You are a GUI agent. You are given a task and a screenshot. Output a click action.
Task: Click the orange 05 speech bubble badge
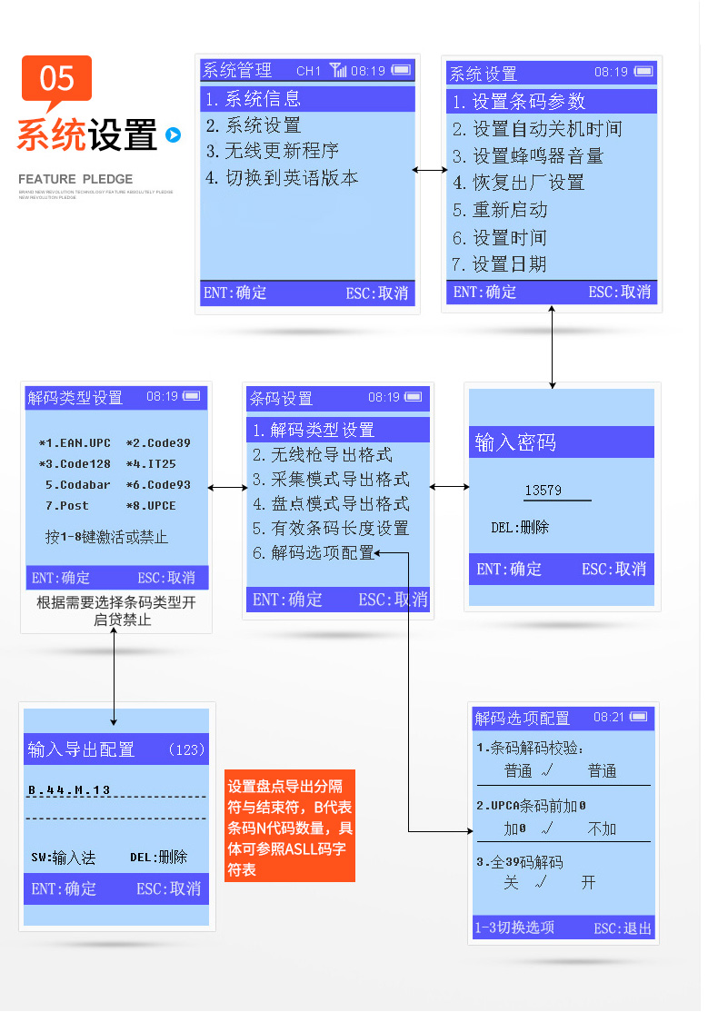click(56, 79)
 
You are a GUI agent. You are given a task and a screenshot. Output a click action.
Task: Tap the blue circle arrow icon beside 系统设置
click(173, 136)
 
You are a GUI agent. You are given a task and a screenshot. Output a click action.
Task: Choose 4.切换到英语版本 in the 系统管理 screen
click(282, 178)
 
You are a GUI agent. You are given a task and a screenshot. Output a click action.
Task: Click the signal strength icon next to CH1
click(338, 70)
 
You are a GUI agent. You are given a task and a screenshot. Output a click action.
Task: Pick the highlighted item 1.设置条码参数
click(519, 102)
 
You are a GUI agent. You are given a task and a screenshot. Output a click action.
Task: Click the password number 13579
click(543, 491)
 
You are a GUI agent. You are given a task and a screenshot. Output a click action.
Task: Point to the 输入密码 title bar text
click(515, 442)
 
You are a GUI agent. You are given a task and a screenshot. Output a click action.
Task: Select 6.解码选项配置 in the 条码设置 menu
click(314, 552)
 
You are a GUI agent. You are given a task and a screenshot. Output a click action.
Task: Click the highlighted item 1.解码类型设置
click(314, 430)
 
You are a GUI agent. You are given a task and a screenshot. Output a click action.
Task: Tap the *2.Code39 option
click(158, 443)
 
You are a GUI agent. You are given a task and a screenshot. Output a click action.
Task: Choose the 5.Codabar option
click(78, 485)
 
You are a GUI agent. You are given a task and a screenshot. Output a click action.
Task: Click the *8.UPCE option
click(151, 506)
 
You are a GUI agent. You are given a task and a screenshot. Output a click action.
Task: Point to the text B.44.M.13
click(69, 790)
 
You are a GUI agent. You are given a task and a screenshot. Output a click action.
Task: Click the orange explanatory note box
click(289, 826)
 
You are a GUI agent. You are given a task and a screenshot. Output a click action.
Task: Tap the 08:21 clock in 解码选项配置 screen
click(609, 718)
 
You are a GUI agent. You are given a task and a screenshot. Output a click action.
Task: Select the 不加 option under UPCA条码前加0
click(602, 828)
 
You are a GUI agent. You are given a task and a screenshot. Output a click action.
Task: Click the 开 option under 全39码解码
click(589, 882)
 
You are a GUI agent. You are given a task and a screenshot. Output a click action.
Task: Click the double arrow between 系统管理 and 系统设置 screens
click(430, 170)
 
